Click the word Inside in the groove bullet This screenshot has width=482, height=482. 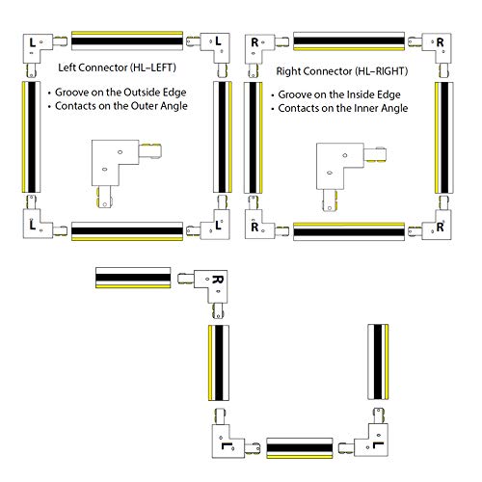367,95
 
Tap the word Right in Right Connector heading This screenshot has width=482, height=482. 288,72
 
